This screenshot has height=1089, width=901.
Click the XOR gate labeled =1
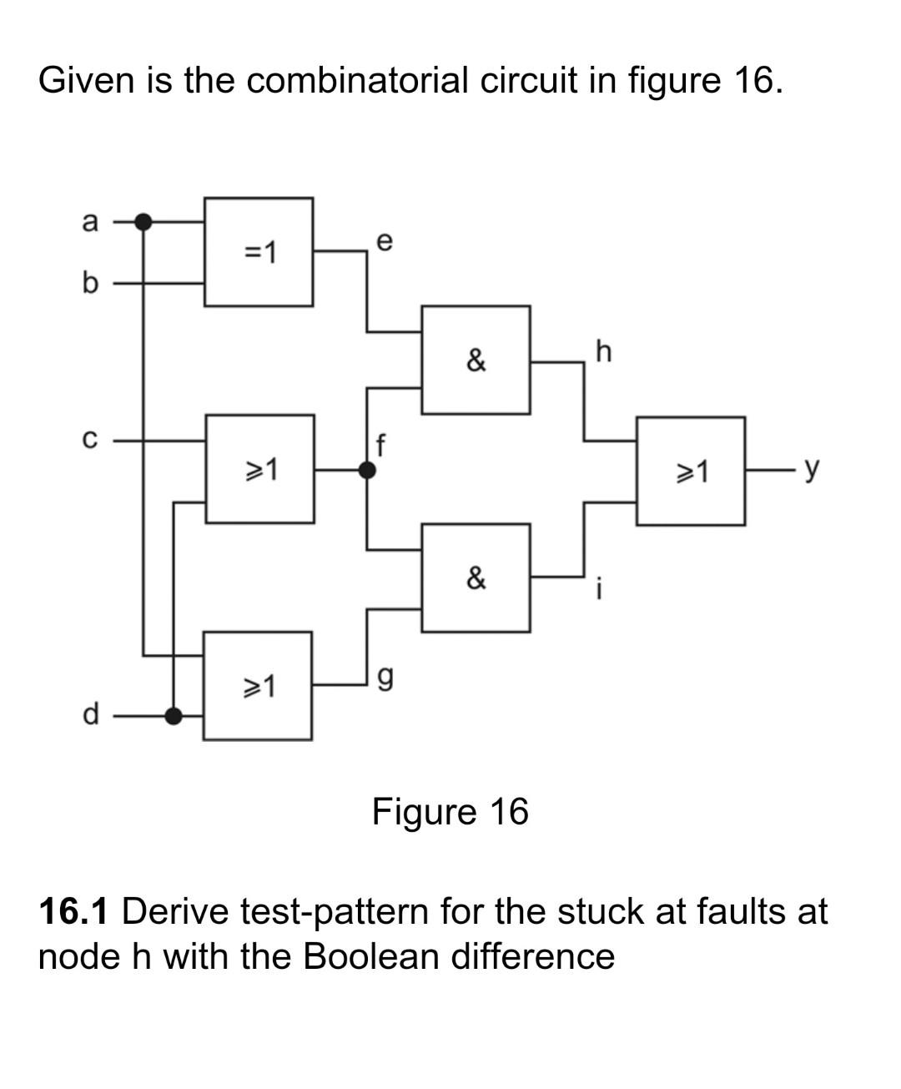[x=259, y=252]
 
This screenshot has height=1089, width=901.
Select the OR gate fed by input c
[x=259, y=469]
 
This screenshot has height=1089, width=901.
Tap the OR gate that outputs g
[x=258, y=686]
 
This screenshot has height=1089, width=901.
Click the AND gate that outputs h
[x=476, y=360]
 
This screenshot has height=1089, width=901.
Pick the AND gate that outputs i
[x=476, y=577]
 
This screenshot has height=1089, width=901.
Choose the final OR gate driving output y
[x=691, y=471]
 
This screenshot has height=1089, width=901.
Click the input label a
[x=90, y=222]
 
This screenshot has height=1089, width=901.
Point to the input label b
[x=90, y=284]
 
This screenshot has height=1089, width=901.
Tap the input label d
[x=90, y=715]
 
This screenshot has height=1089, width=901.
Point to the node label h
[x=603, y=351]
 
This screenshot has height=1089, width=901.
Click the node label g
[x=384, y=680]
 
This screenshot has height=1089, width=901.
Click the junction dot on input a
[x=143, y=221]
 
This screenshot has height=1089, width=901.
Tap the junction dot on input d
[x=173, y=715]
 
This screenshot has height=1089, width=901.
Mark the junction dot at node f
[x=366, y=470]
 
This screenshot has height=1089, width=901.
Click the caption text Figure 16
[x=450, y=811]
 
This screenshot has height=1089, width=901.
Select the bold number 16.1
[x=73, y=910]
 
